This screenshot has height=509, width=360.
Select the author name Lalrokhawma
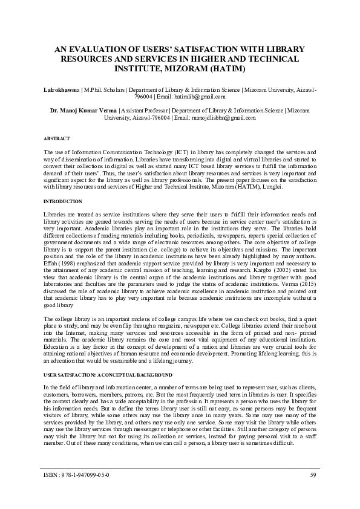[64, 89]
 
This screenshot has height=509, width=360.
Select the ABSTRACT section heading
[56, 138]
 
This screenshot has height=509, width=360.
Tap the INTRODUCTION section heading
[63, 201]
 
